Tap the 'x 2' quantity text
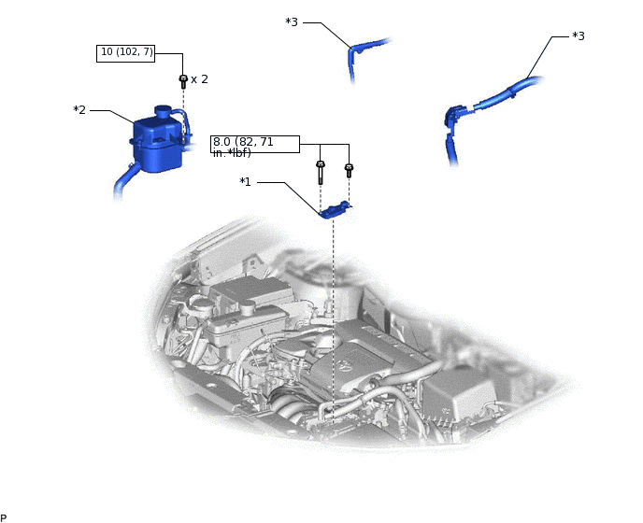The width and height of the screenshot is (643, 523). pos(199,79)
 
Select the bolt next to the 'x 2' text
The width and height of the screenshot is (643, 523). pos(183,81)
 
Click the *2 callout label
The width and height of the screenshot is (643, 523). pos(79,110)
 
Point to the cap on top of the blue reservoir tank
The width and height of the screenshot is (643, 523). pos(163,111)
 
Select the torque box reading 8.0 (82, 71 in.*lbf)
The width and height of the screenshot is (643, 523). pos(254,145)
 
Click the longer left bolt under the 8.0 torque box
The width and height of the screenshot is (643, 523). pos(321,172)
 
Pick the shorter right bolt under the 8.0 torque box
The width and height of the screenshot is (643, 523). pos(349,170)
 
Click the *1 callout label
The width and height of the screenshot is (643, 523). pos(246,182)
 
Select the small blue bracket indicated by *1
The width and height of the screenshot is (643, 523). pos(334,211)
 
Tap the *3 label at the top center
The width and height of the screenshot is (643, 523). pos(292,22)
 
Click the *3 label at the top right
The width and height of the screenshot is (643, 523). pos(578,36)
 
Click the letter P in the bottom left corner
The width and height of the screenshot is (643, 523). pos(4,517)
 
